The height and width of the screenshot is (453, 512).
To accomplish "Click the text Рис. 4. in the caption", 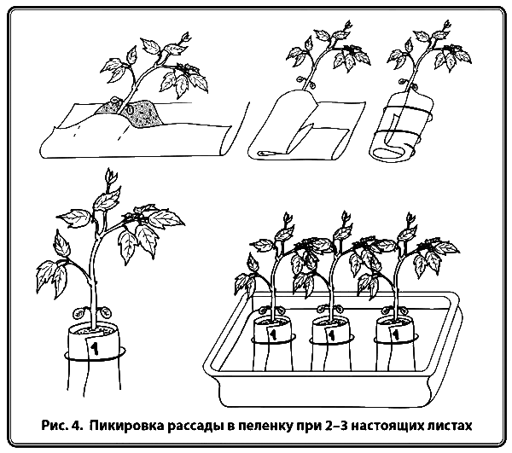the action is pos(61,426).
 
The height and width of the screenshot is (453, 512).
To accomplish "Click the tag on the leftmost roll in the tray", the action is pos(272,334).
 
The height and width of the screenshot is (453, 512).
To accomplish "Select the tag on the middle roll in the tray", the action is pos(331,335).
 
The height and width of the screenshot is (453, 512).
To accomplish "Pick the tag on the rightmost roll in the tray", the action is pos(394,335).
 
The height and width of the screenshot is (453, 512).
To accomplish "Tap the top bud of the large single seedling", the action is pos(110,177).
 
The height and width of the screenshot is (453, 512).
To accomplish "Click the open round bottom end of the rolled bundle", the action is pos(390,153).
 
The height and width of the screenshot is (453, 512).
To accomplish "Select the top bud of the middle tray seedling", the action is pos(345,218).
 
